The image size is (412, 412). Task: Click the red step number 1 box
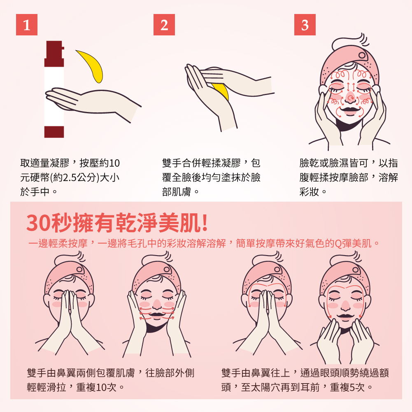pyautogui.click(x=26, y=25)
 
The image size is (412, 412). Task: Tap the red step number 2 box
pyautogui.click(x=164, y=25)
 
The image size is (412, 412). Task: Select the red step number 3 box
pyautogui.click(x=305, y=25)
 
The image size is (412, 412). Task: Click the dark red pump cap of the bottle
pyautogui.click(x=54, y=54)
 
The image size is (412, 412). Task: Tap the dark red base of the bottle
pyautogui.click(x=54, y=132)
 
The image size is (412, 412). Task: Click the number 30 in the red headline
pyautogui.click(x=38, y=223)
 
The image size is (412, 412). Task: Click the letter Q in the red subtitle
pyautogui.click(x=338, y=244)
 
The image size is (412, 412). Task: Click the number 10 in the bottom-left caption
pyautogui.click(x=101, y=387)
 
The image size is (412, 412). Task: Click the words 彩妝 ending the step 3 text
pyautogui.click(x=309, y=192)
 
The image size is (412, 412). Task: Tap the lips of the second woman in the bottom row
pyautogui.click(x=157, y=315)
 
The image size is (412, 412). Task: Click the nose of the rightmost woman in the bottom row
pyautogui.click(x=345, y=305)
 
